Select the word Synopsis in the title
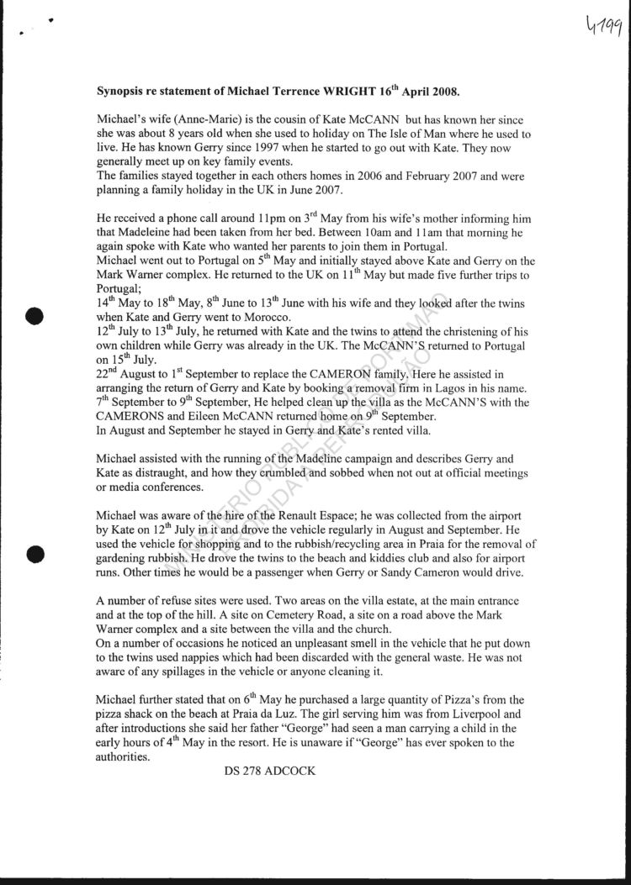pyautogui.click(x=124, y=91)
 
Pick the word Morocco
pyautogui.click(x=264, y=318)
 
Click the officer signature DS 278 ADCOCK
pyautogui.click(x=270, y=771)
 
